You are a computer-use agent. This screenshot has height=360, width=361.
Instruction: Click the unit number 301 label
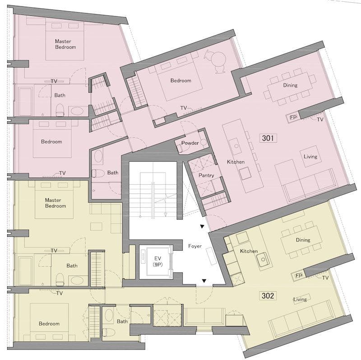pos(268,138)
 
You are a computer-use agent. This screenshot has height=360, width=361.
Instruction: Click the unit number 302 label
pos(268,296)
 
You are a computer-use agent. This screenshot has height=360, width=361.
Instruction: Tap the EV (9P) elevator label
pos(157,262)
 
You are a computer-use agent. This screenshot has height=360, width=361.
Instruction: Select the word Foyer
pos(195,246)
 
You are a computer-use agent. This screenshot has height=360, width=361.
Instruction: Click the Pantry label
pos(206,175)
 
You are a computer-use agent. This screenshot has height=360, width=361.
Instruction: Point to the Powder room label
pos(190,143)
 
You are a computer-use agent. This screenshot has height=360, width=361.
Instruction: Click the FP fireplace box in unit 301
pos(292,117)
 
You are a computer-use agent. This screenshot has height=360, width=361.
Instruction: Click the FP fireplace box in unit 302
pos(298,276)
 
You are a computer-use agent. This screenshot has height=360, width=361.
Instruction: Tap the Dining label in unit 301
pos(290,85)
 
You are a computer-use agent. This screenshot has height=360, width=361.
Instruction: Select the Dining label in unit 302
pos(303,240)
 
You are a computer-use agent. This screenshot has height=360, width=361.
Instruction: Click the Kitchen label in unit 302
pos(249,251)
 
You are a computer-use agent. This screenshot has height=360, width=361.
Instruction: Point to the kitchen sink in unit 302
pos(263,260)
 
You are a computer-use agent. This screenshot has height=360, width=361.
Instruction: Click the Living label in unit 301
pos(310,156)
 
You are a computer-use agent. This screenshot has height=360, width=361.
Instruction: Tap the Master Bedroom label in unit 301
pos(65,44)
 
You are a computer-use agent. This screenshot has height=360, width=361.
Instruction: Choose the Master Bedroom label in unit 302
pos(56,203)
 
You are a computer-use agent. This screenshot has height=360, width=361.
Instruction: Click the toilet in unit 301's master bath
pos(60,110)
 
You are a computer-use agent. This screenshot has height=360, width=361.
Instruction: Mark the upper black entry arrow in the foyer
pos(202,227)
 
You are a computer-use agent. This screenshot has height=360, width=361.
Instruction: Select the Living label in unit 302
pos(300,299)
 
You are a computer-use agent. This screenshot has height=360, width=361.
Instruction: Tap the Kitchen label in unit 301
pos(236,162)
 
